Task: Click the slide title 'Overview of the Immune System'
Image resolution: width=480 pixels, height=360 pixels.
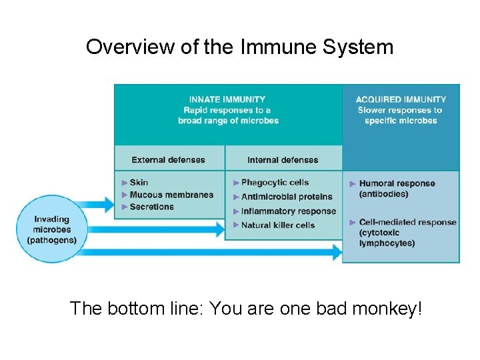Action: (x=239, y=47)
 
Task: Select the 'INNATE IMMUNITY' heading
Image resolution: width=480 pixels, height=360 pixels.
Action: (x=227, y=99)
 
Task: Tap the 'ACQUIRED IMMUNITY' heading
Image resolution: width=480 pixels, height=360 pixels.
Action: (x=400, y=99)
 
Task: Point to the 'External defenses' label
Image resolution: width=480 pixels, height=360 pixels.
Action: (x=168, y=160)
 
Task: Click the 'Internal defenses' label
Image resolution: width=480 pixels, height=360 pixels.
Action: (x=283, y=160)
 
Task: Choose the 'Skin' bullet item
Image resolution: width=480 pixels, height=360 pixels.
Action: (x=139, y=183)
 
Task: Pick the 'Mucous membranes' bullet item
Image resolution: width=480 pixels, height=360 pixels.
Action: (x=171, y=195)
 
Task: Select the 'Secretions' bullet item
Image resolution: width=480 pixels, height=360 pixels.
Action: (x=151, y=207)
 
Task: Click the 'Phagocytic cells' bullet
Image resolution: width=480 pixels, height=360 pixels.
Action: (x=275, y=183)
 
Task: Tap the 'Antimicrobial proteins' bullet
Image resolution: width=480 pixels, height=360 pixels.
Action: (x=287, y=197)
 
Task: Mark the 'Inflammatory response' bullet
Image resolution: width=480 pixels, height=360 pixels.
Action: (x=288, y=211)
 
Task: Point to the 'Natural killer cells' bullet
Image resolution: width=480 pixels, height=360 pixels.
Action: (x=278, y=225)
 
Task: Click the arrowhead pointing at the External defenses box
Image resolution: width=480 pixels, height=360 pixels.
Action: (x=108, y=205)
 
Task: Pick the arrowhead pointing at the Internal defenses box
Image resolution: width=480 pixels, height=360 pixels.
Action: (x=219, y=231)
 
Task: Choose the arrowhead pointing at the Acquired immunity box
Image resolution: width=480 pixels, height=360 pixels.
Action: (x=336, y=252)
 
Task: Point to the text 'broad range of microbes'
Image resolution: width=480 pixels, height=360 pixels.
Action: (x=228, y=121)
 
